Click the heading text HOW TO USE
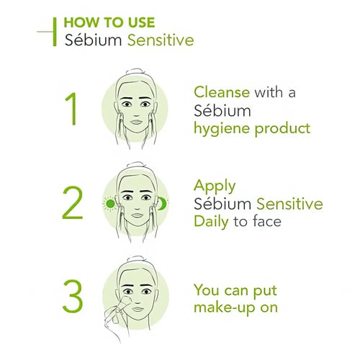tap(109, 22)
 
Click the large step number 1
tap(71, 109)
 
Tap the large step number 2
tap(73, 202)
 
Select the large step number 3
tap(73, 296)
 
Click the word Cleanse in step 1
tap(222, 92)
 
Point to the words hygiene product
tap(252, 129)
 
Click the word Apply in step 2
tap(215, 186)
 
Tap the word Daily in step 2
tap(211, 222)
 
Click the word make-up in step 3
tap(224, 308)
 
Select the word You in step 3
tap(208, 290)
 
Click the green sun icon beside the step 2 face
tap(110, 204)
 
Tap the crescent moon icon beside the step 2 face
tap(163, 203)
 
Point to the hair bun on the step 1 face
tap(136, 72)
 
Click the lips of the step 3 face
tap(138, 309)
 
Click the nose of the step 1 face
tap(136, 112)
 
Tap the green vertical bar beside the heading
tap(55, 32)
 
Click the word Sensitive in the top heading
tap(161, 40)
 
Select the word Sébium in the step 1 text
tap(222, 111)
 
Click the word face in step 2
tap(267, 221)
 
